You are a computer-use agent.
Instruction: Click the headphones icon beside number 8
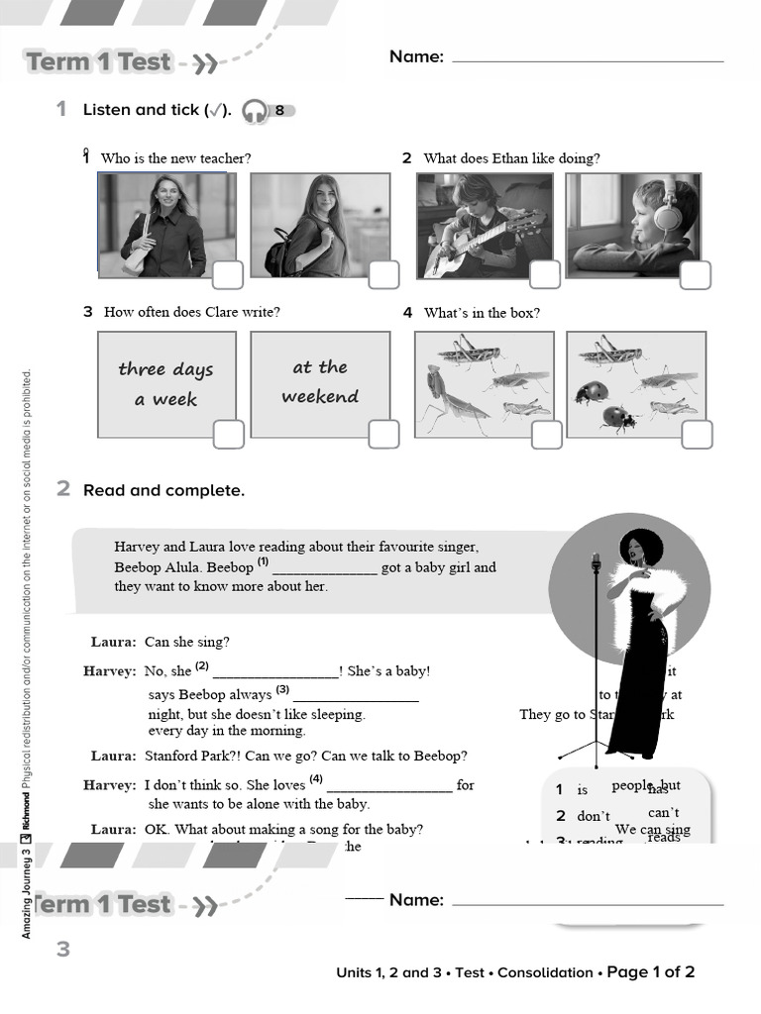(x=254, y=111)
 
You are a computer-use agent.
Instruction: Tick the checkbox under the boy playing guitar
(x=544, y=274)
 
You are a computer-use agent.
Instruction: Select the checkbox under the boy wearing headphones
(x=695, y=275)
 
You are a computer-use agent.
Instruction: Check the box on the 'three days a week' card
(x=228, y=434)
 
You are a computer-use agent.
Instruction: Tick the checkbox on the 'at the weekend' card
(x=383, y=434)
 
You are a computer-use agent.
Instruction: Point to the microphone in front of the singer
(x=596, y=563)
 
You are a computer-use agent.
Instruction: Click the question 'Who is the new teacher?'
(x=175, y=158)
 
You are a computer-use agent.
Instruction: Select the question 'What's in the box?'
(x=482, y=313)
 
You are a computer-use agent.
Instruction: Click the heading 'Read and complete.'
(x=163, y=490)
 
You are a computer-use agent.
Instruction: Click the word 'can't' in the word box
(x=663, y=813)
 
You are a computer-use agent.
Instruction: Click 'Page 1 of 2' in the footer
(x=650, y=972)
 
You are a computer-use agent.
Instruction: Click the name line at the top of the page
(x=587, y=59)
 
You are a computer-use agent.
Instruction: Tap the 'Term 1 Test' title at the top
(x=99, y=62)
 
